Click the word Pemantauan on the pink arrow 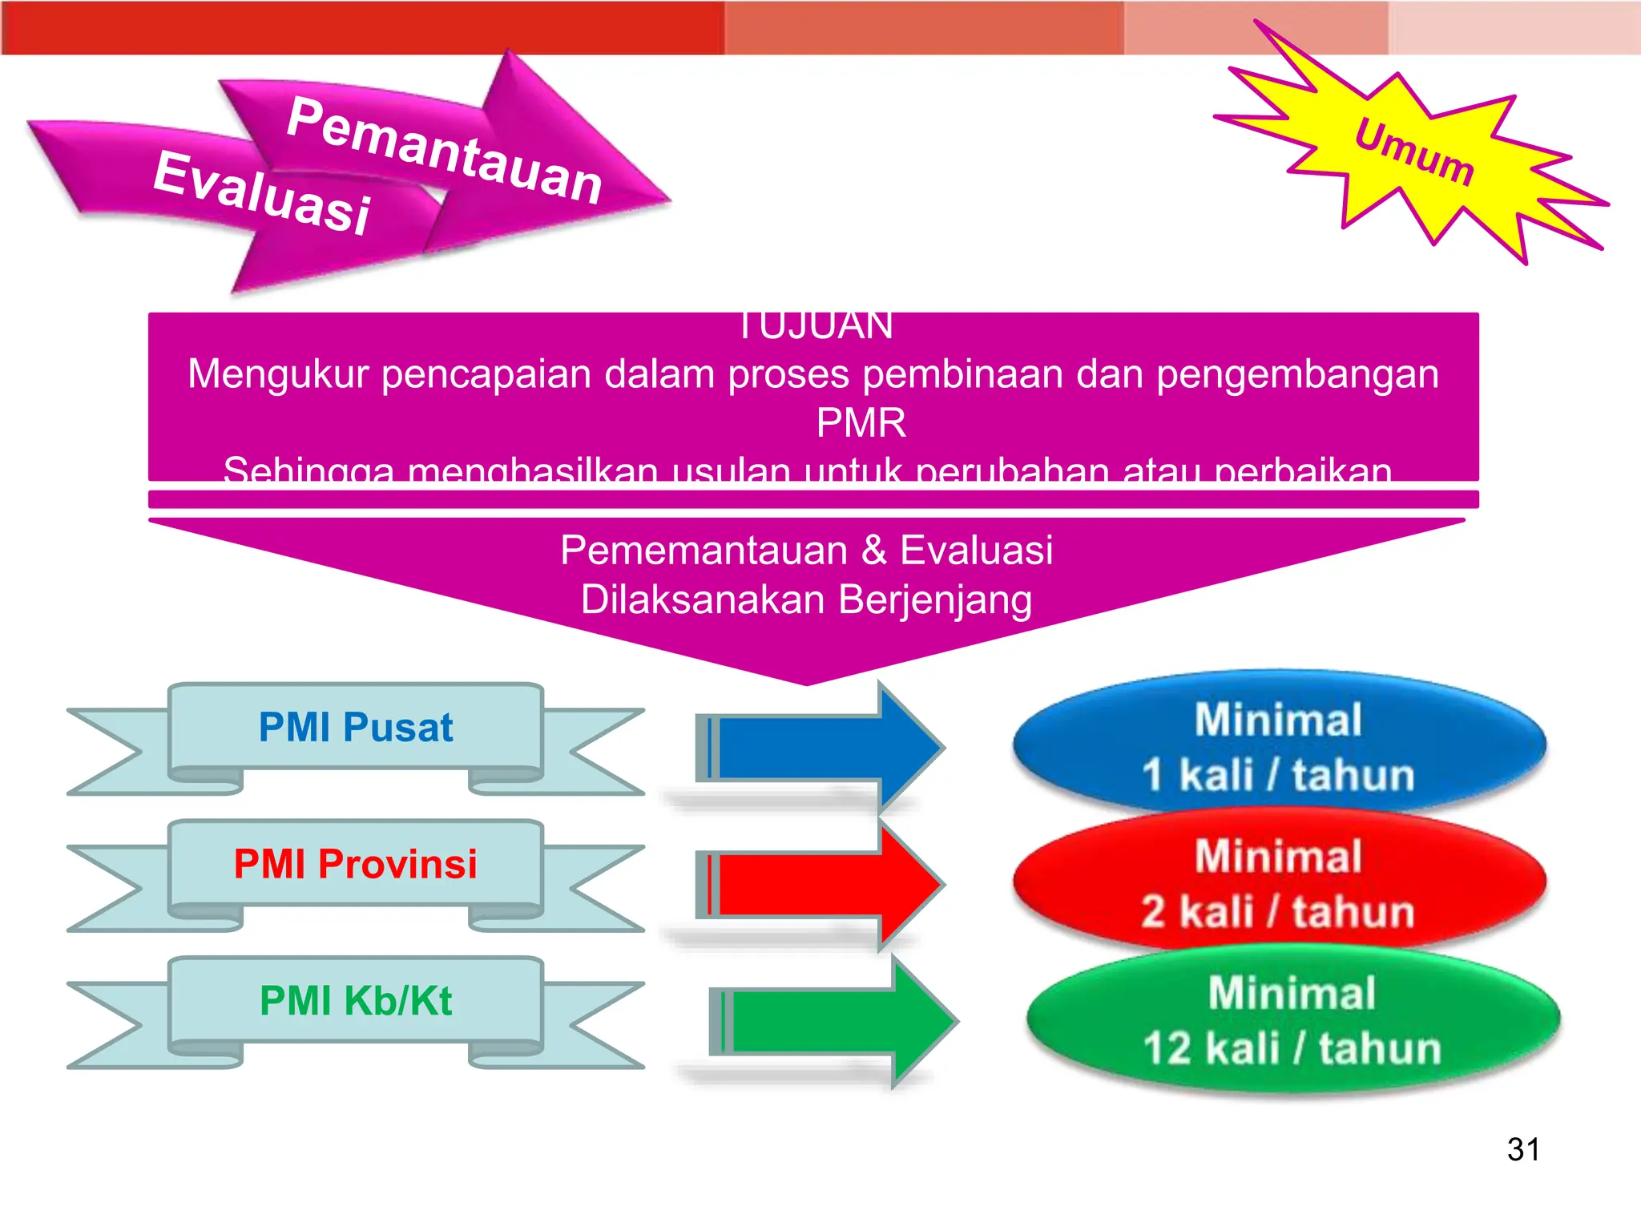point(445,151)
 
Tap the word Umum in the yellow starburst point(1414,152)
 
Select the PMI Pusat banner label point(356,728)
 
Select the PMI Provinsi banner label point(356,864)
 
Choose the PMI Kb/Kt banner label point(356,1000)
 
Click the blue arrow point(817,748)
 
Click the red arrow point(817,884)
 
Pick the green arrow point(833,1021)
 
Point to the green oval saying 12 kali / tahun point(1292,1020)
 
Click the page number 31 point(1523,1149)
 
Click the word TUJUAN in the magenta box point(814,327)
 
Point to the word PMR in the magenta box point(861,422)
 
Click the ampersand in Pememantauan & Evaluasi point(874,551)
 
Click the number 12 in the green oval point(1168,1048)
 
